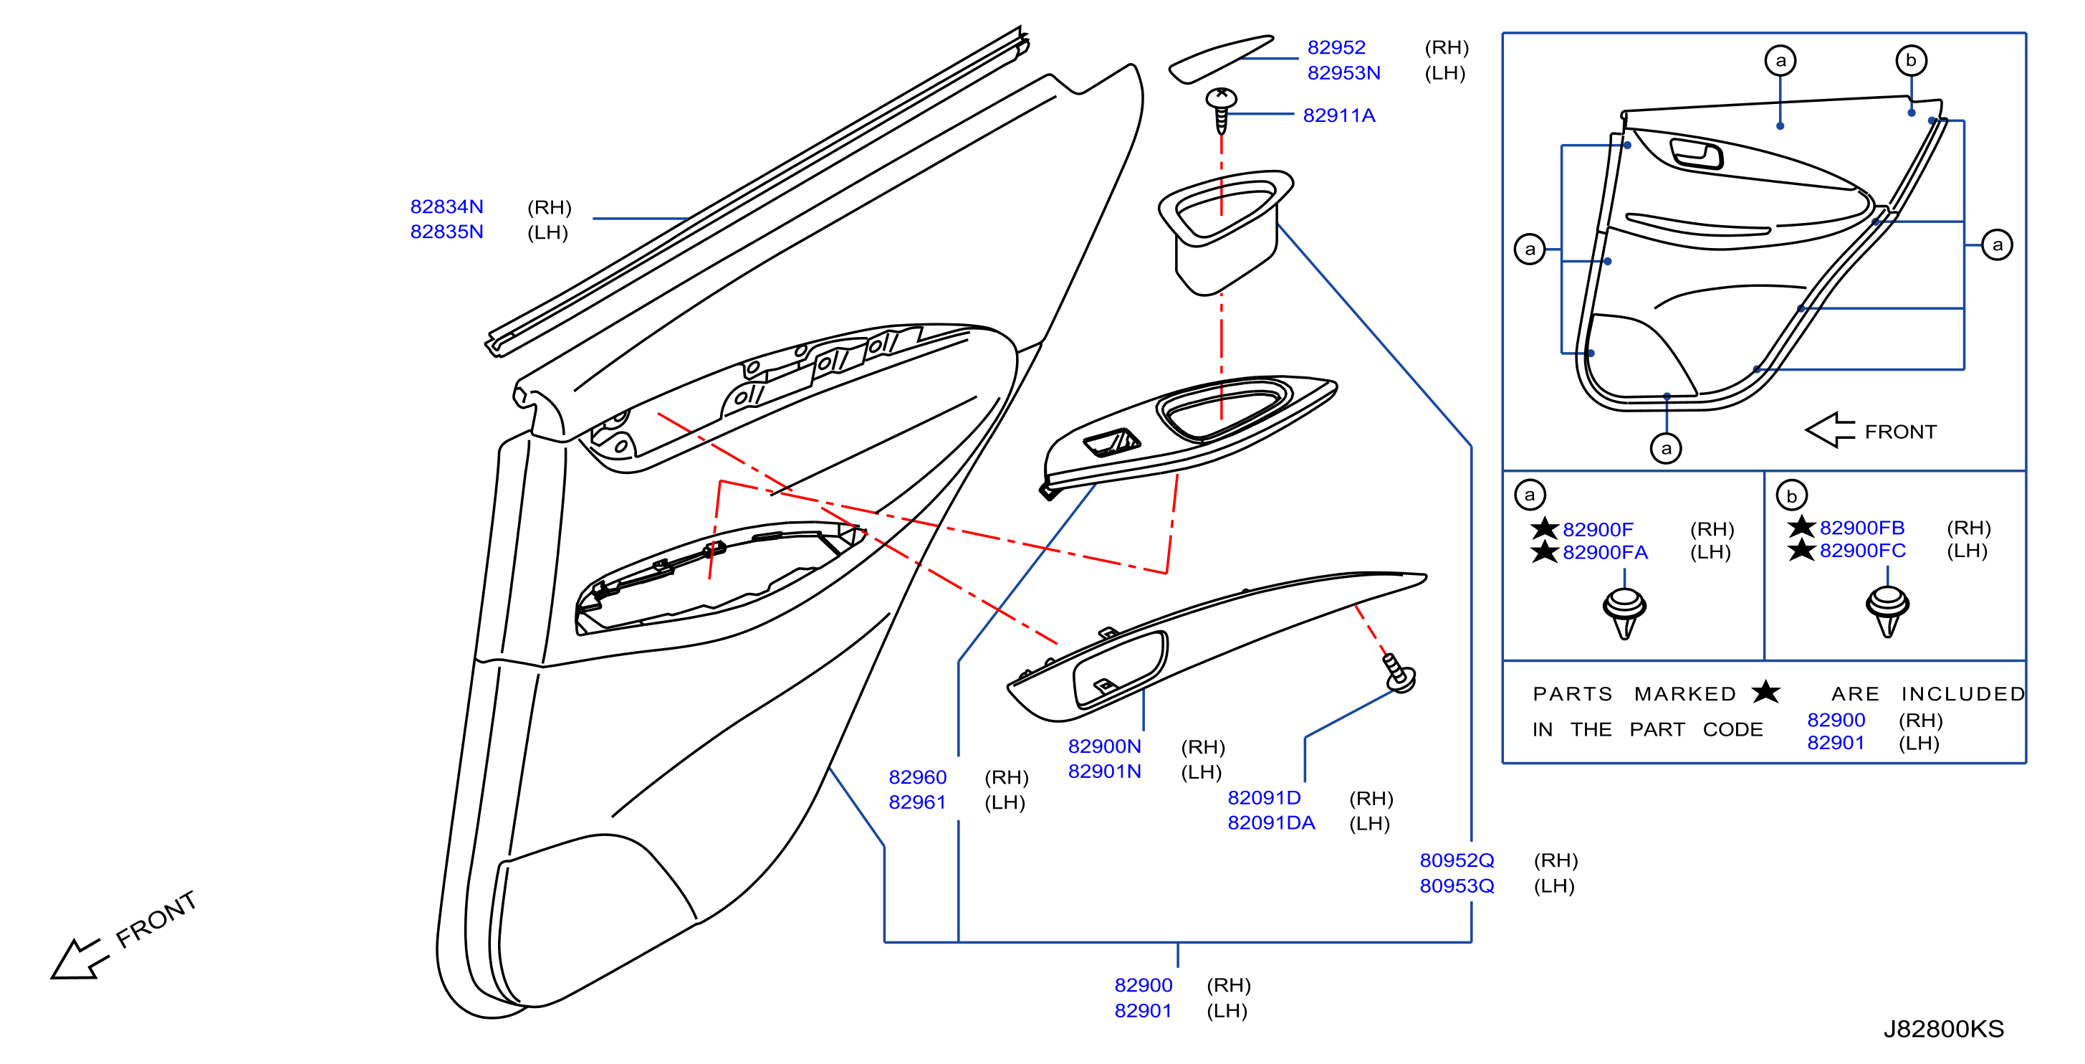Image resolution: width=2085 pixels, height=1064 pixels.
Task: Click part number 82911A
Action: coord(1338,116)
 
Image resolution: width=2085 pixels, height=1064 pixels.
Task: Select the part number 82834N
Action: coord(447,207)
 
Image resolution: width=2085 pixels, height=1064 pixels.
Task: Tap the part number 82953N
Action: coord(1343,73)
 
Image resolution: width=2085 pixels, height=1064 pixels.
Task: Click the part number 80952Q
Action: coord(1457,861)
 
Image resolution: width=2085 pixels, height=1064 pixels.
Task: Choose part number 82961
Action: coord(917,802)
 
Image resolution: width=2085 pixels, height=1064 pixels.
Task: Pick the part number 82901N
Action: coord(1104,771)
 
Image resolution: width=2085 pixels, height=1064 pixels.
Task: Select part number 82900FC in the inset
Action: coord(1862,551)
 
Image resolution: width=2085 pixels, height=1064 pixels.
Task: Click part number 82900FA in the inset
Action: coord(1605,552)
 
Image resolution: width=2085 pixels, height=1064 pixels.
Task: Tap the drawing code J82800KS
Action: coord(1943,1029)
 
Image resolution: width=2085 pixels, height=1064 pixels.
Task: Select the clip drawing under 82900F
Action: coord(1624,613)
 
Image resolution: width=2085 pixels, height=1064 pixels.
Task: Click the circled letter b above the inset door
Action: coord(1911,61)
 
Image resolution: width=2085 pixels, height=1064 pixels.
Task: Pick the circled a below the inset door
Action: coord(1666,449)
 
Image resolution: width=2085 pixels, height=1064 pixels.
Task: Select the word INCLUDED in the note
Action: coord(1962,694)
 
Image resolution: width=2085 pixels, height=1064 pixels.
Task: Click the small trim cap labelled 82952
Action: coord(1221,58)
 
